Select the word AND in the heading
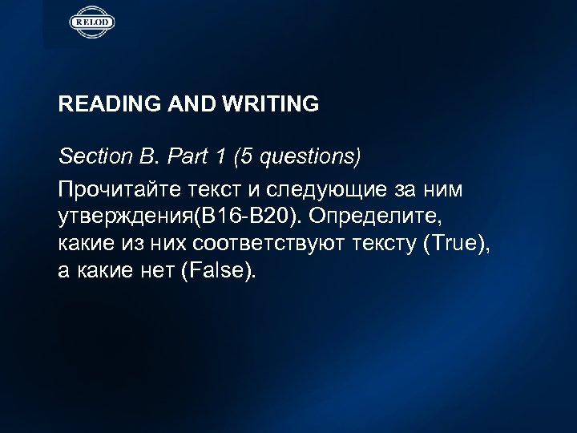pos(187,104)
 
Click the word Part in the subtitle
pos(182,156)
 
